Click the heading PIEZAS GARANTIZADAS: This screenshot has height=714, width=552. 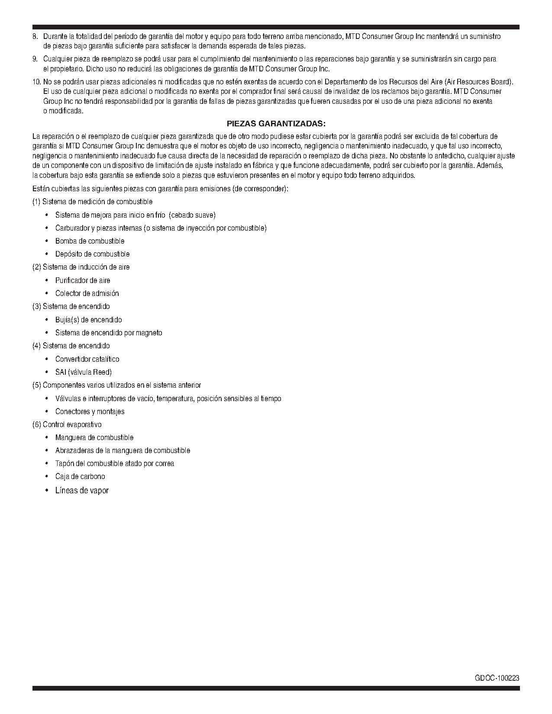click(276, 123)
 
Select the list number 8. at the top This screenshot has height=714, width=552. click(35, 36)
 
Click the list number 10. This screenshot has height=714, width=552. click(36, 82)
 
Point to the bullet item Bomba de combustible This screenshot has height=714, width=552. click(90, 241)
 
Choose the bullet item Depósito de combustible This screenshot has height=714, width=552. click(92, 254)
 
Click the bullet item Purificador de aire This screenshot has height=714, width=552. click(83, 280)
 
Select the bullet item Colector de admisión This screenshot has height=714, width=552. click(87, 293)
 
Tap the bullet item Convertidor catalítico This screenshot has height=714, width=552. click(87, 359)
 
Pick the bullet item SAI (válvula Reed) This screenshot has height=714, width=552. click(84, 372)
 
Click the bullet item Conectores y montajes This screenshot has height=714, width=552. click(90, 412)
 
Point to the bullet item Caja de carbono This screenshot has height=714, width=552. click(80, 476)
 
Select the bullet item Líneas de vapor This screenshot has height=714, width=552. click(82, 490)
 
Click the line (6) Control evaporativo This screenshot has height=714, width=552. click(67, 425)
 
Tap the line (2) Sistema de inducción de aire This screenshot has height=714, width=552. click(81, 267)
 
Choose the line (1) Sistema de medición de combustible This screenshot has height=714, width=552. click(92, 202)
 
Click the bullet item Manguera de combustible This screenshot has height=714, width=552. click(94, 437)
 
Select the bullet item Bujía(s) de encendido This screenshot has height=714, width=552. click(88, 320)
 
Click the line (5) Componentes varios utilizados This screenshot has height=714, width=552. click(116, 385)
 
